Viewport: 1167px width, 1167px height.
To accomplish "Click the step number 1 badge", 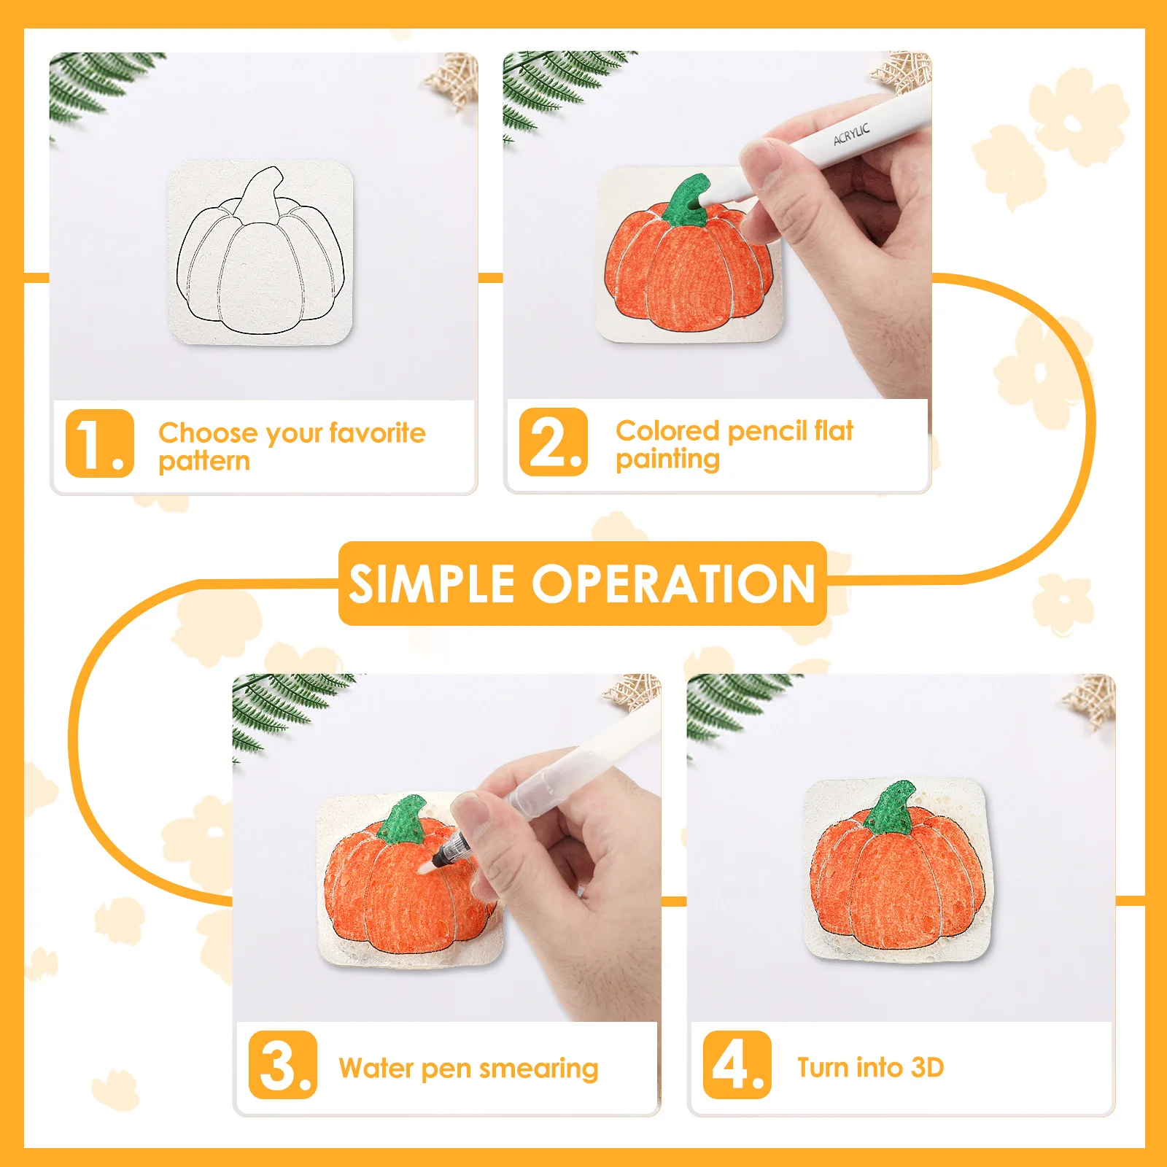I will pyautogui.click(x=100, y=443).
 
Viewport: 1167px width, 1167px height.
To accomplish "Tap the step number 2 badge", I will pyautogui.click(x=554, y=442).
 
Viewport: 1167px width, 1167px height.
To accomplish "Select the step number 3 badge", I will pyautogui.click(x=283, y=1065).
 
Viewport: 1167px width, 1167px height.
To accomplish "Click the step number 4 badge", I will pyautogui.click(x=737, y=1065).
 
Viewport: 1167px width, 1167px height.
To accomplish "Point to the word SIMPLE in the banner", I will pyautogui.click(x=432, y=584).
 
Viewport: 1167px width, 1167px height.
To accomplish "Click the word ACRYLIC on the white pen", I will pyautogui.click(x=851, y=134).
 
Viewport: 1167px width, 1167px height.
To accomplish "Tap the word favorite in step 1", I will pyautogui.click(x=377, y=433).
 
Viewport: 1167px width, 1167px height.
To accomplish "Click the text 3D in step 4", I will pyautogui.click(x=927, y=1068).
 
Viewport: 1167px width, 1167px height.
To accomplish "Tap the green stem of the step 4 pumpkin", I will pyautogui.click(x=891, y=808).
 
